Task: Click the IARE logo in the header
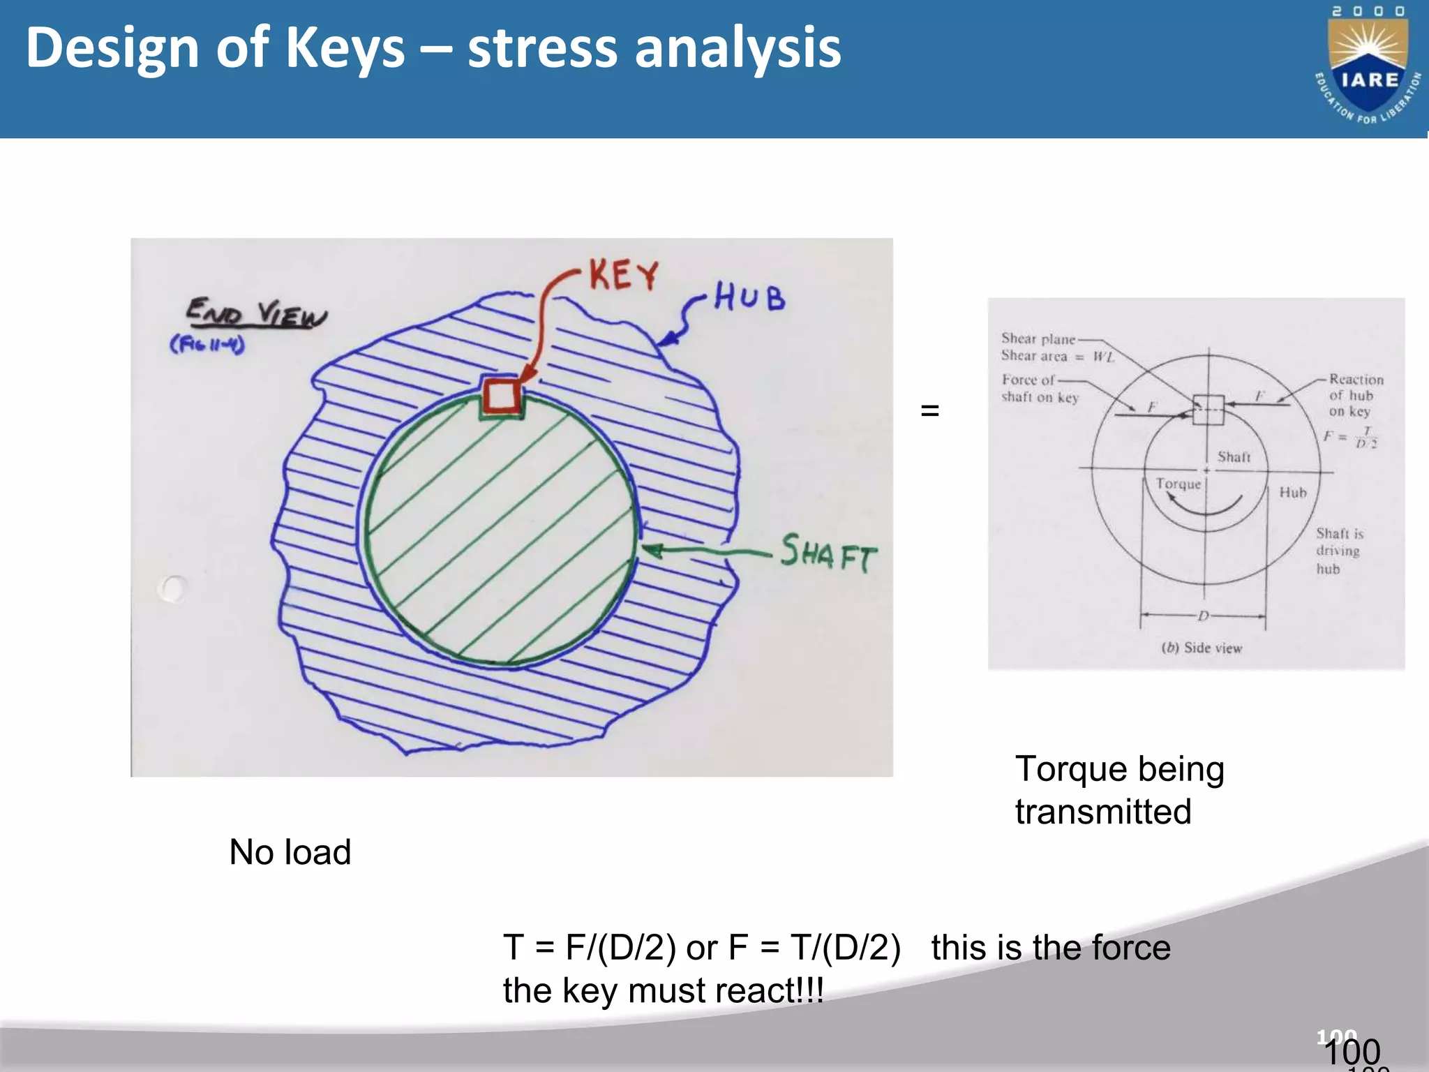pyautogui.click(x=1368, y=66)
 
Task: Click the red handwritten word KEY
pyautogui.click(x=623, y=274)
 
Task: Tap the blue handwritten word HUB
pyautogui.click(x=749, y=298)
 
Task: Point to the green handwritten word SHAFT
pyautogui.click(x=828, y=553)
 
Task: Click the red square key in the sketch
pyautogui.click(x=502, y=395)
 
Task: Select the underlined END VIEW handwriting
pyautogui.click(x=256, y=313)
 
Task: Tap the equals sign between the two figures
pyautogui.click(x=930, y=410)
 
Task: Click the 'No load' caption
pyautogui.click(x=290, y=852)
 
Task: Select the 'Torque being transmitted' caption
pyautogui.click(x=1118, y=790)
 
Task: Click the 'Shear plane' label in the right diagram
pyautogui.click(x=1038, y=339)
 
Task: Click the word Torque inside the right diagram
pyautogui.click(x=1178, y=484)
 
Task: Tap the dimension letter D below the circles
pyautogui.click(x=1203, y=616)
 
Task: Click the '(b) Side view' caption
pyautogui.click(x=1202, y=648)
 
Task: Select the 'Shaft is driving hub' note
pyautogui.click(x=1338, y=551)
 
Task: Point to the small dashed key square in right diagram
pyautogui.click(x=1208, y=410)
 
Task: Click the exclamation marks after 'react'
pyautogui.click(x=810, y=990)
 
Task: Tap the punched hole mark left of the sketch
pyautogui.click(x=172, y=589)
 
